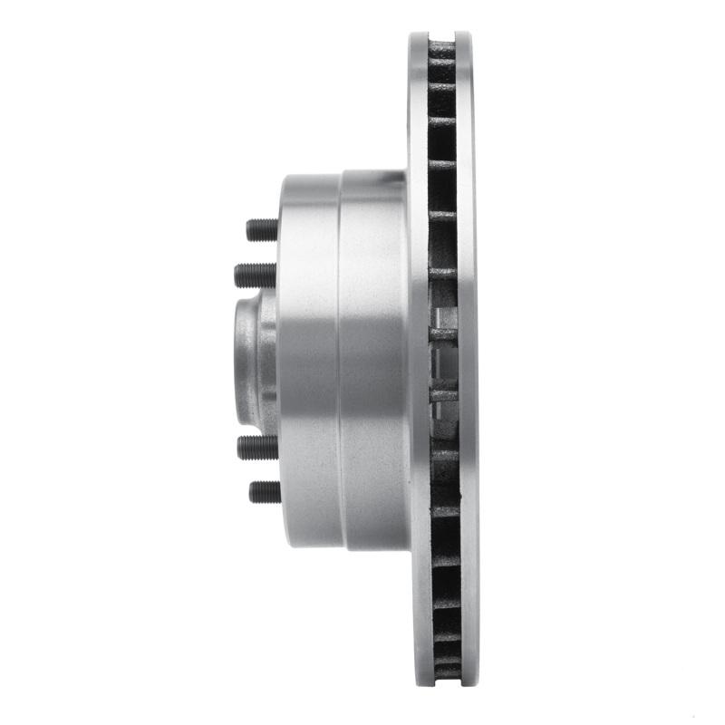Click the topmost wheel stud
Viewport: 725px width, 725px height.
click(263, 230)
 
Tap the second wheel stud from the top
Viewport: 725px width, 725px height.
click(255, 275)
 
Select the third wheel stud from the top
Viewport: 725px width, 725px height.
click(257, 447)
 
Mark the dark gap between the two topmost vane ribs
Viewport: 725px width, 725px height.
click(441, 71)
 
